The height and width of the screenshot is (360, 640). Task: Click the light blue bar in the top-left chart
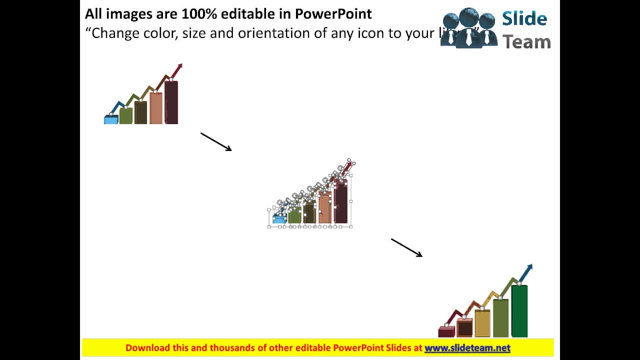point(110,120)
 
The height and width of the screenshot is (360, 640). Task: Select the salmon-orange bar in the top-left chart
point(156,108)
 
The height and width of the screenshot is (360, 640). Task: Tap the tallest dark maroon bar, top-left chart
point(171,103)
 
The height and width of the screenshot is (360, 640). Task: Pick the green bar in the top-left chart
point(126,116)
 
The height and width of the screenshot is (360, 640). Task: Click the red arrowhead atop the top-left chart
point(179,66)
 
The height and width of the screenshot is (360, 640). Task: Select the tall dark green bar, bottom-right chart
point(519,311)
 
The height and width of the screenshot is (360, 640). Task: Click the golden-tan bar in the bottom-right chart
point(482,323)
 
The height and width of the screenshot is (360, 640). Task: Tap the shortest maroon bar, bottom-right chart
point(446,332)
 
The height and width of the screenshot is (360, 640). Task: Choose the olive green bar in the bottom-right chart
point(500,318)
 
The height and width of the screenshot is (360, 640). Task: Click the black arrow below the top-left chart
point(216,141)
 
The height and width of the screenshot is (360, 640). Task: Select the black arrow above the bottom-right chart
point(406,247)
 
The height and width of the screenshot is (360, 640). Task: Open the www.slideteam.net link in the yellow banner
point(467,348)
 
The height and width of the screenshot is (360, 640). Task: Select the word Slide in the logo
point(524,19)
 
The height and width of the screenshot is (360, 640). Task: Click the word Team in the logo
point(526,42)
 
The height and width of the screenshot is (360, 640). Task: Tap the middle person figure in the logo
point(468,27)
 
